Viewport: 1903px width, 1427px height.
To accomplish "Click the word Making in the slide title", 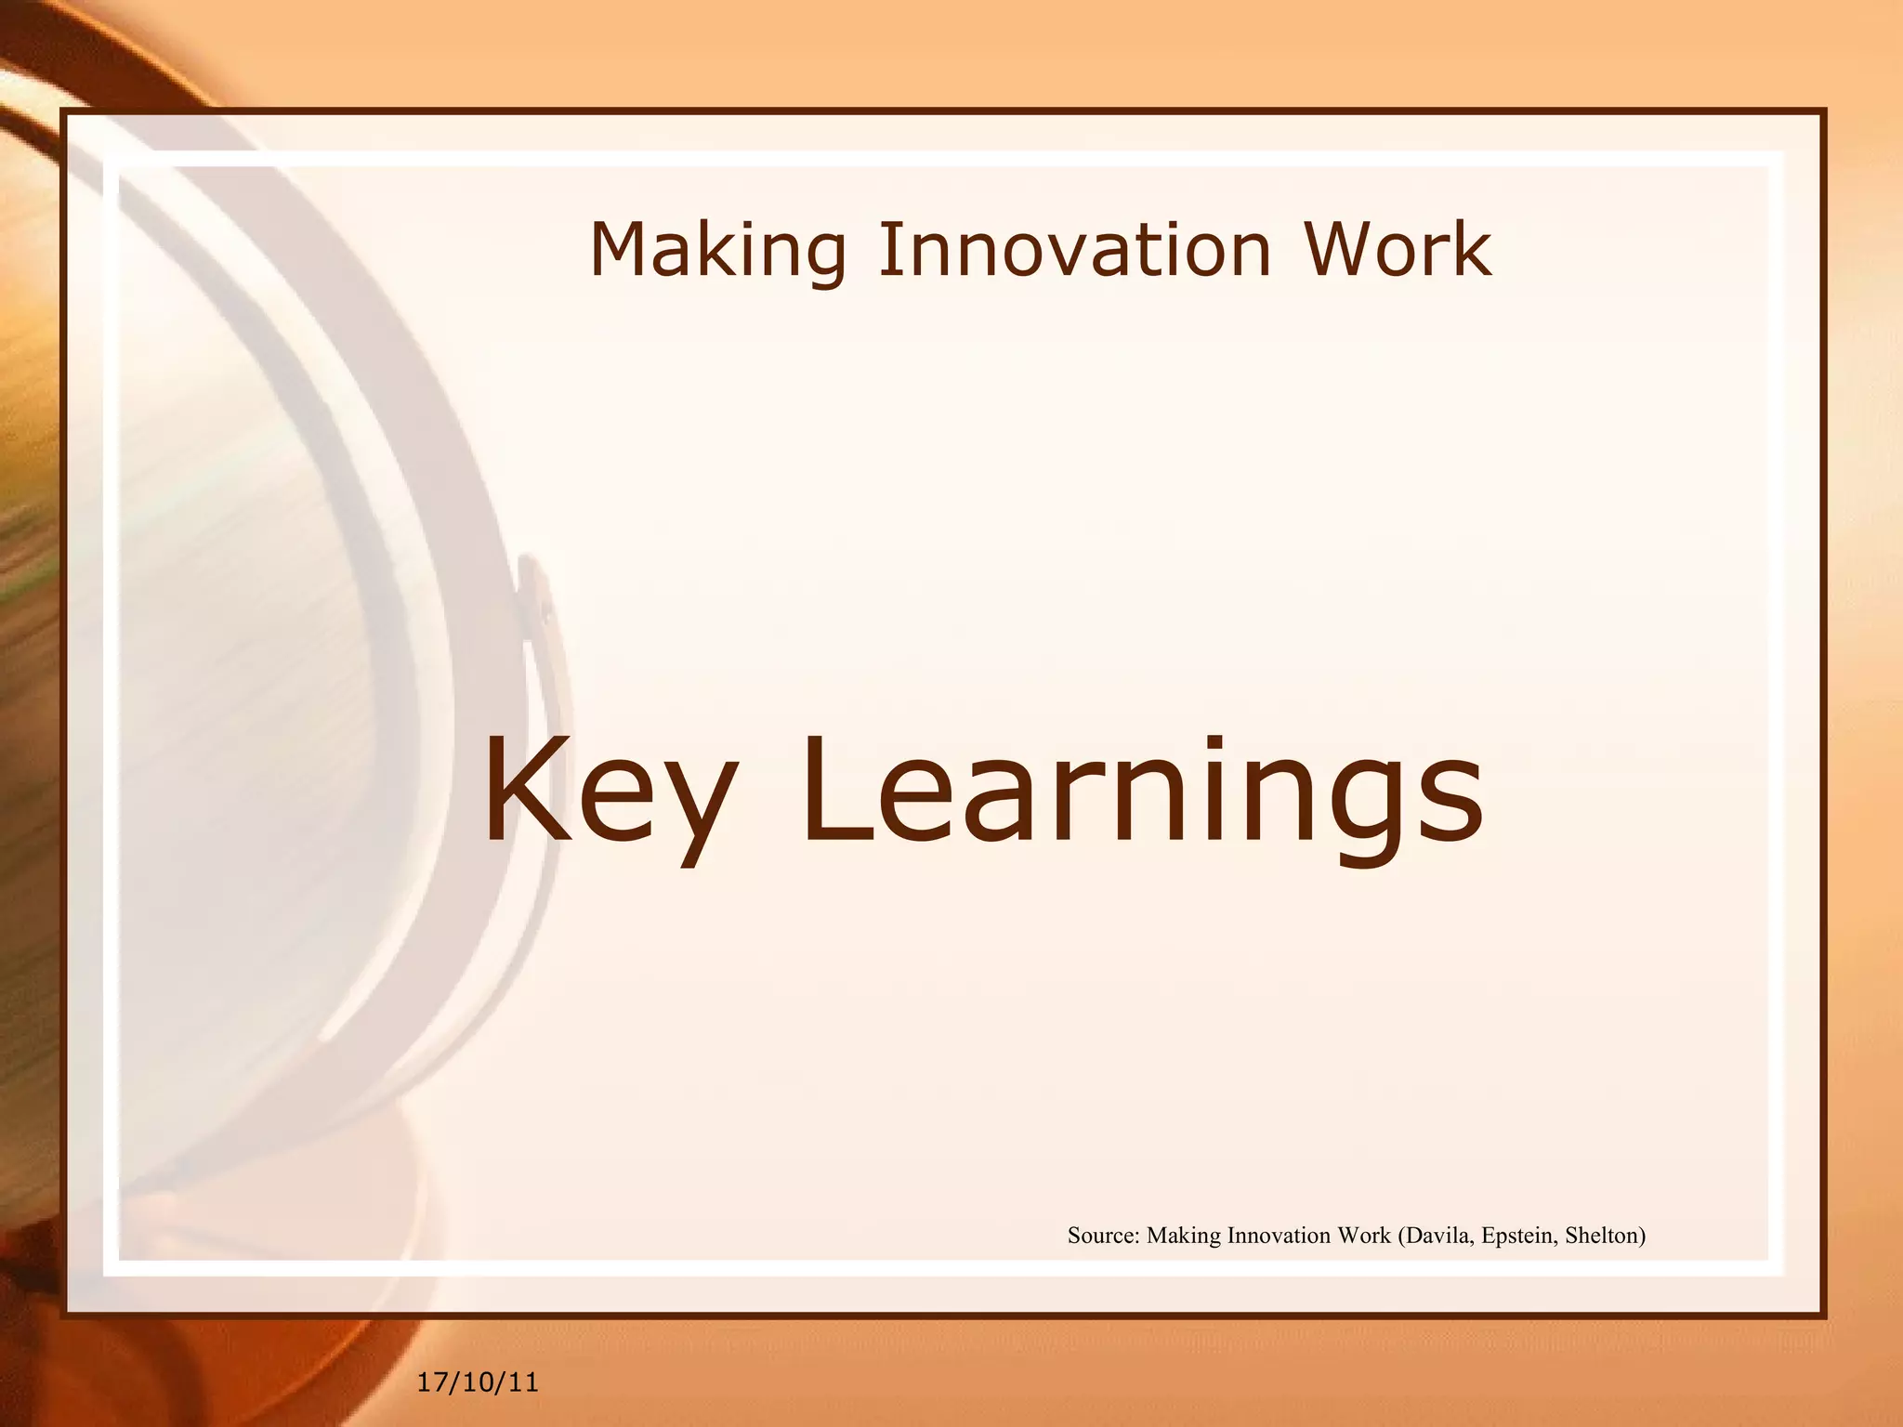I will point(717,251).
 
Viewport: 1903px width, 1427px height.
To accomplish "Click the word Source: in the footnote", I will point(1103,1236).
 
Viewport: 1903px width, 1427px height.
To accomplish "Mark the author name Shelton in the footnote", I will point(1605,1236).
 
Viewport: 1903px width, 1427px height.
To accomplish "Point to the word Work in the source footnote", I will point(1364,1236).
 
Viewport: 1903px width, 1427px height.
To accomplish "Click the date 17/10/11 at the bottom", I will point(478,1383).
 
